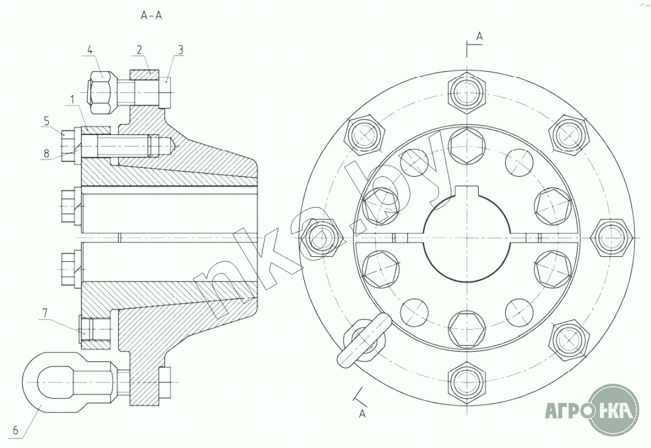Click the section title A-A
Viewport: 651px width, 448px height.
tap(152, 16)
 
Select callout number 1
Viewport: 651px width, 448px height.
tap(72, 100)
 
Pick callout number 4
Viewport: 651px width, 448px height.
tap(90, 50)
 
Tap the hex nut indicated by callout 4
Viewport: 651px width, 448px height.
tap(102, 91)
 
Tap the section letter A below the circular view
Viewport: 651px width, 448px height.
tap(362, 414)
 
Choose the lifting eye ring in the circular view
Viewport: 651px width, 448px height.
tap(362, 342)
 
